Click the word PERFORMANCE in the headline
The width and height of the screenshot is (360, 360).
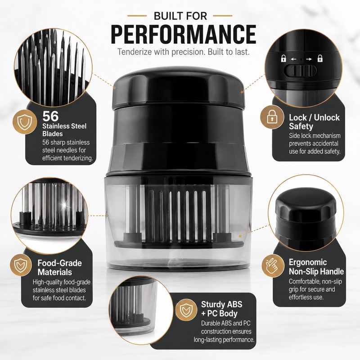(x=184, y=35)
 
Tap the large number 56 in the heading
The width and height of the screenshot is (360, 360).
(x=50, y=116)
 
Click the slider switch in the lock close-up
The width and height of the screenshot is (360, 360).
(x=300, y=71)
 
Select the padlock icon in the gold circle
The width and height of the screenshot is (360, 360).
(x=272, y=117)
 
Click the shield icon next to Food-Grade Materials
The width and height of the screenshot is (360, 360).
(x=21, y=265)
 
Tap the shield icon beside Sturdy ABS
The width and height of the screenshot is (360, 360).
(x=186, y=310)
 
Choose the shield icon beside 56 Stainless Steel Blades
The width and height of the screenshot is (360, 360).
(x=25, y=121)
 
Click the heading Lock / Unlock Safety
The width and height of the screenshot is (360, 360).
(x=314, y=122)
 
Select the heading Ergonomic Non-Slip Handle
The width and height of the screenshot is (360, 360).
(x=316, y=267)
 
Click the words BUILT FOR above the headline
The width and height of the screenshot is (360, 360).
(x=180, y=16)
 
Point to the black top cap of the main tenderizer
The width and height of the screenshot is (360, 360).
(x=178, y=87)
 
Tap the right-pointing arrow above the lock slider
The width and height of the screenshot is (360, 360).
(x=309, y=59)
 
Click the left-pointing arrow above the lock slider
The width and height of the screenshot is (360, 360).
(x=293, y=59)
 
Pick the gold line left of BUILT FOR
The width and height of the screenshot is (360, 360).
(x=137, y=16)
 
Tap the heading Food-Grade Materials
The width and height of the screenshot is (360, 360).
(x=59, y=267)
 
